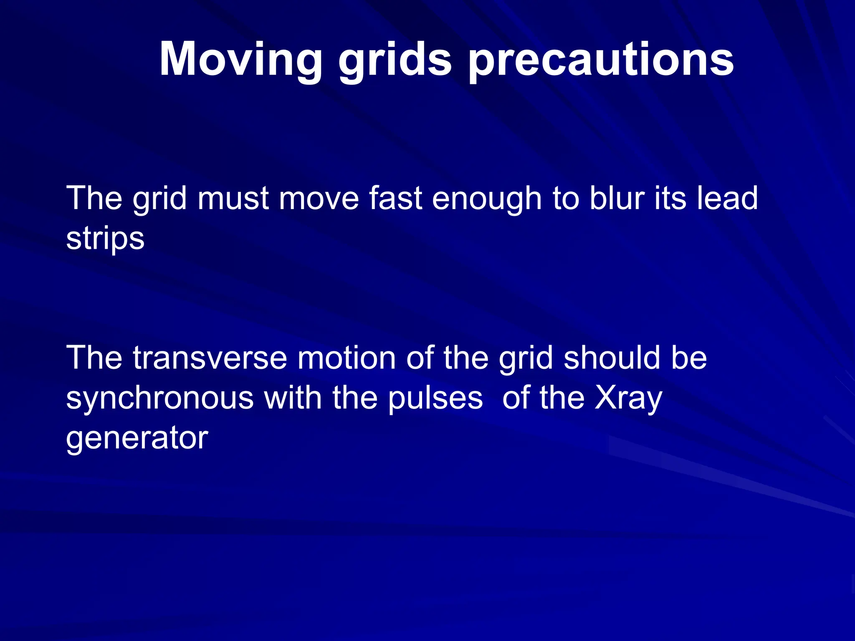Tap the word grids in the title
coord(395,59)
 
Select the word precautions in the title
coord(601,59)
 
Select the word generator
coord(137,438)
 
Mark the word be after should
coord(689,358)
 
